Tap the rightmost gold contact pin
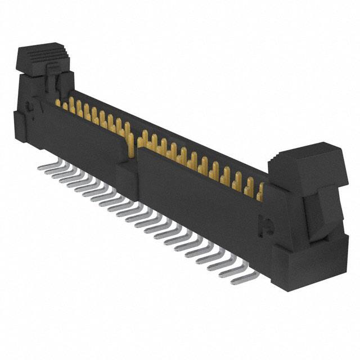pos(260,194)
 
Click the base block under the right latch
pos(309,264)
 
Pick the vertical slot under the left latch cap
pos(52,84)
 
